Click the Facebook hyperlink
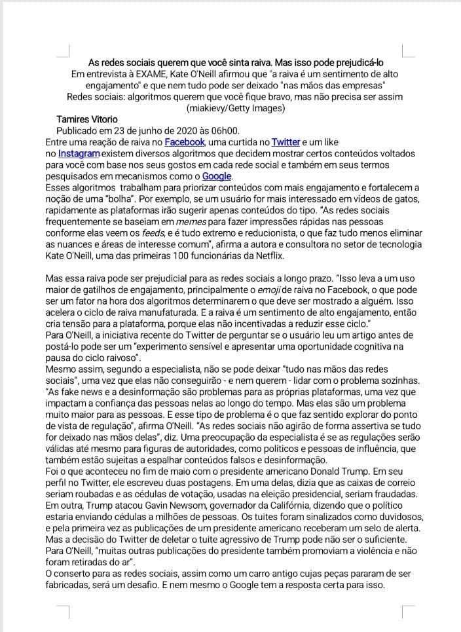(185, 141)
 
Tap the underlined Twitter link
(286, 141)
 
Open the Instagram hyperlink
(79, 153)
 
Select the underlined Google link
(216, 176)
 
